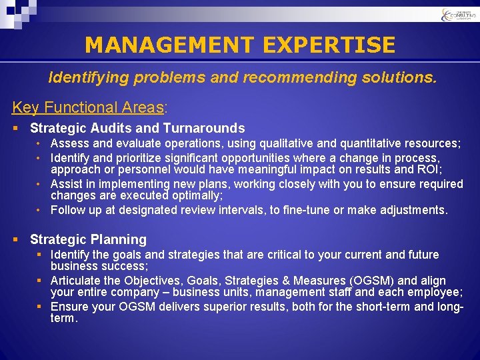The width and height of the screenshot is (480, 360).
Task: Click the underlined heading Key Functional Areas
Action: coord(88,107)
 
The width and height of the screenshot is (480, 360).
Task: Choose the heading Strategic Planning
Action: coord(88,239)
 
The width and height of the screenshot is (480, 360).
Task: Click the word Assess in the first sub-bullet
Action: coord(69,143)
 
